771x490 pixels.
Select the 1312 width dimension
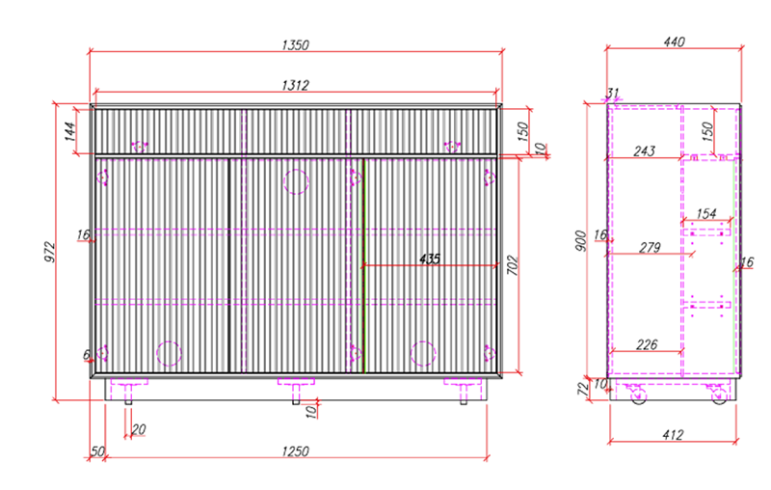pyautogui.click(x=295, y=86)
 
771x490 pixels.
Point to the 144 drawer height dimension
pyautogui.click(x=70, y=131)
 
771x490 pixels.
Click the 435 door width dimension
pyautogui.click(x=430, y=259)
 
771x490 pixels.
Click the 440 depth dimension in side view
pyautogui.click(x=675, y=41)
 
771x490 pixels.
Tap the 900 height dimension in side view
pyautogui.click(x=581, y=240)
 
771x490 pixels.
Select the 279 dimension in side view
pyautogui.click(x=650, y=248)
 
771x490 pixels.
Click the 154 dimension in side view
pyautogui.click(x=706, y=213)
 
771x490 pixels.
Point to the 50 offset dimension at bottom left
pyautogui.click(x=96, y=451)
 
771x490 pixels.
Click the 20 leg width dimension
pyautogui.click(x=139, y=429)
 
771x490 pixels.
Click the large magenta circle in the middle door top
pyautogui.click(x=295, y=182)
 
